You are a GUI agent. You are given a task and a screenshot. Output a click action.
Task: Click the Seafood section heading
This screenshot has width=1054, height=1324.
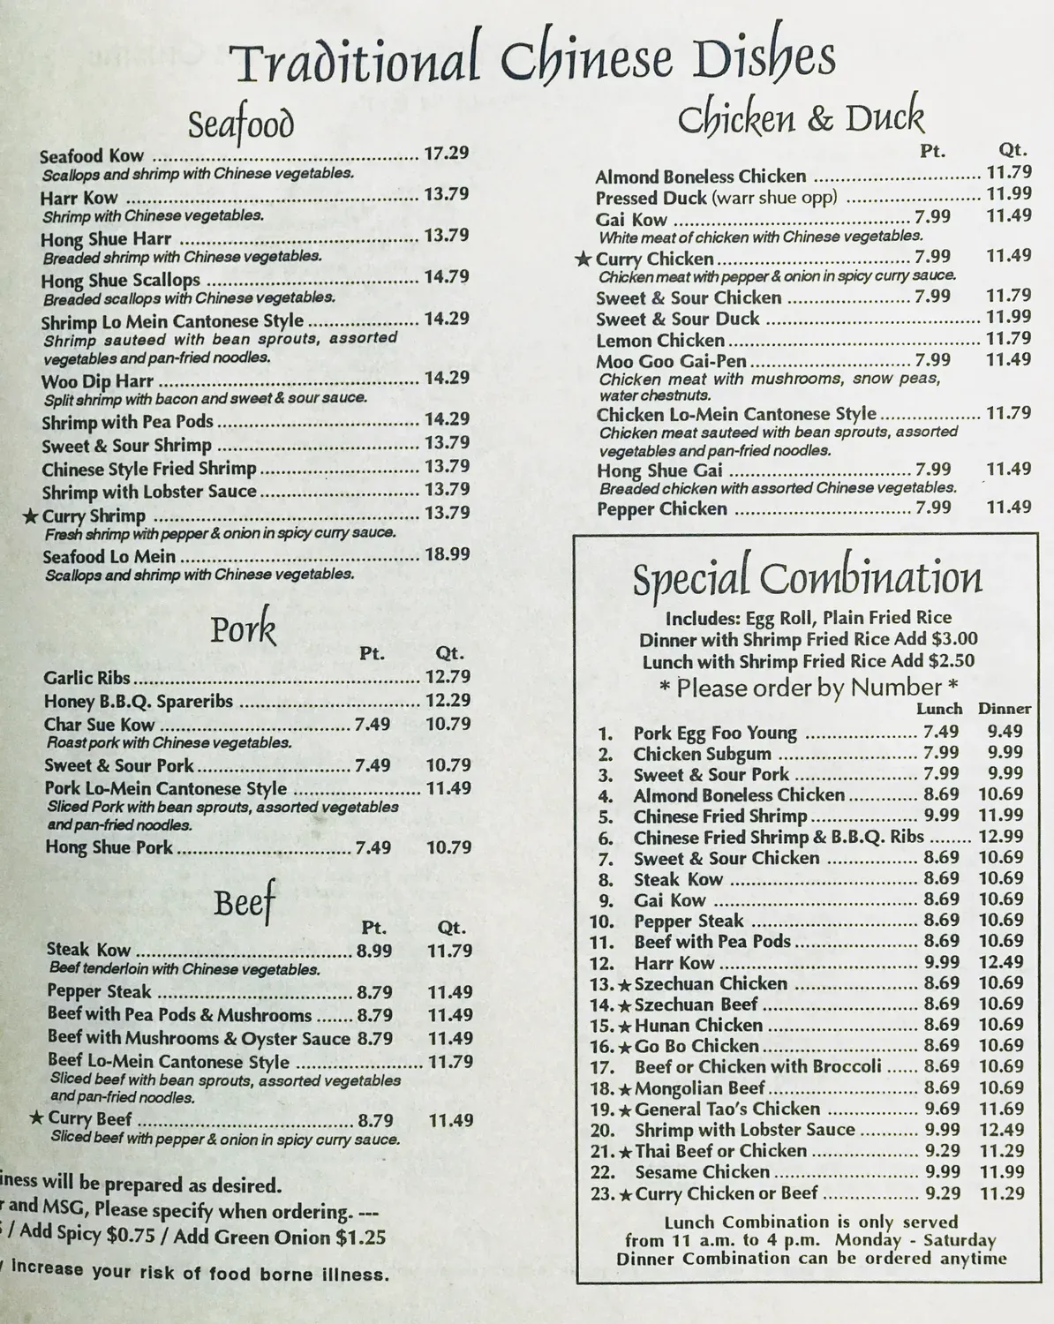coord(240,124)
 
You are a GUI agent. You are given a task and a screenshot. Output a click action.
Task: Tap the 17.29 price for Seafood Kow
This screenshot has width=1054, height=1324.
coord(446,154)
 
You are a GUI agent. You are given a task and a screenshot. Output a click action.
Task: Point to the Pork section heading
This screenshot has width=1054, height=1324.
coord(243,629)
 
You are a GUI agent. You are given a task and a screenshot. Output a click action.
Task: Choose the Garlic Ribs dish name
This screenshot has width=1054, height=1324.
coord(87,678)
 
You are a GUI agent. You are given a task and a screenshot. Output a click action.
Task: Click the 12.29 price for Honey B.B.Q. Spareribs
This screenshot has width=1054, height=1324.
coord(448,701)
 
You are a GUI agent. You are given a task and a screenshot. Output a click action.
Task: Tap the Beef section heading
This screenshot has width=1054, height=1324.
coord(245,901)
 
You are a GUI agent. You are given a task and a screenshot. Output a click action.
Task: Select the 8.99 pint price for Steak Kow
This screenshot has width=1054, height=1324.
coord(374,951)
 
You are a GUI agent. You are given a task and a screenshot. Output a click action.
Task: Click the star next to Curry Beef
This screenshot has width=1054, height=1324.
coord(36,1118)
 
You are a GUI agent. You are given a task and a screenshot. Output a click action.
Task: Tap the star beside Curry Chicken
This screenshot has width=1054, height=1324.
coord(583,259)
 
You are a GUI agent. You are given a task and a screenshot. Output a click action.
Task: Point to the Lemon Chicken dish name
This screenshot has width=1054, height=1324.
coord(660,340)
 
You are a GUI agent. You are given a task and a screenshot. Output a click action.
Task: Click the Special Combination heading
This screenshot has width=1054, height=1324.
coord(807,579)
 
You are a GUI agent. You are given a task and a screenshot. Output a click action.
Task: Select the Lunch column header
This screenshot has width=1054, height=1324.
coord(939,709)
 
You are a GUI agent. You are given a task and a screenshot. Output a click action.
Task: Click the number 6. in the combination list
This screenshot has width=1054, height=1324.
coord(606,838)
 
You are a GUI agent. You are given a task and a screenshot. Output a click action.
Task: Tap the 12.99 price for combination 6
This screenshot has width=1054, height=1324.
coord(1001,837)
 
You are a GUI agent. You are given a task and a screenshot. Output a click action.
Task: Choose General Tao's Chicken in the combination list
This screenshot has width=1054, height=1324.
coord(727,1110)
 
